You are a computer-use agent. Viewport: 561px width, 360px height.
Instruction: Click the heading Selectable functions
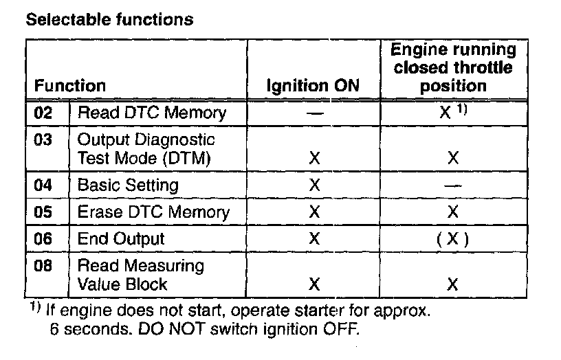109,19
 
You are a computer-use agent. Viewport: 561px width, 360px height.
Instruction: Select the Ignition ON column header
313,87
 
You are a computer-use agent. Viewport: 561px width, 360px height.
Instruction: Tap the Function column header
70,87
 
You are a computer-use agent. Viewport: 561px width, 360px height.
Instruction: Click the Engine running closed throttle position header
453,68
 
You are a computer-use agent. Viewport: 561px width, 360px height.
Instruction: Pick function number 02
43,113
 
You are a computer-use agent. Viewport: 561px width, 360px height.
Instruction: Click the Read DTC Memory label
151,113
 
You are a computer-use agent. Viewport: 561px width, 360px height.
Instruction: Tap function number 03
43,140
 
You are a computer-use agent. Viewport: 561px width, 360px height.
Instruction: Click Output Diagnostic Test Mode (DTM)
146,149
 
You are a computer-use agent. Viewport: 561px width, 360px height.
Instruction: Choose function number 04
43,185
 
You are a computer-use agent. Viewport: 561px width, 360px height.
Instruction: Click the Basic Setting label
128,185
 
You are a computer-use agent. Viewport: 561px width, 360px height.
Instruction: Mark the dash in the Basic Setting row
453,186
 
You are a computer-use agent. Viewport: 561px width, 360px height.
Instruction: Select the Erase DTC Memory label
153,212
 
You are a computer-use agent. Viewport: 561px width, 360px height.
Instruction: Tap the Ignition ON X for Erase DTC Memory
315,212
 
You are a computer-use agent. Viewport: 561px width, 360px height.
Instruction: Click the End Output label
121,239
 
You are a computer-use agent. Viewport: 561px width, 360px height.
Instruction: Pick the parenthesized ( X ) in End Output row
453,239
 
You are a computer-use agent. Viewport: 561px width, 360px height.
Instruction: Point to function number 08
43,266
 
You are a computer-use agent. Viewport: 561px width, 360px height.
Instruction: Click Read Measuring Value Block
140,275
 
